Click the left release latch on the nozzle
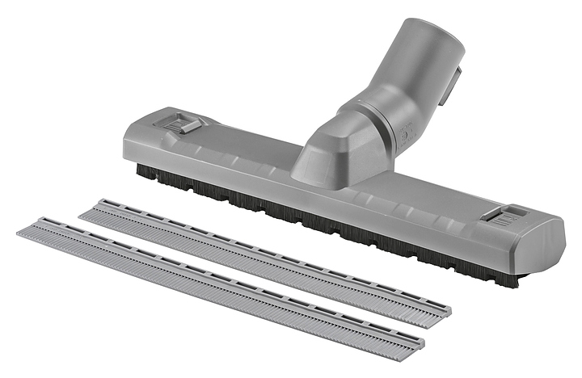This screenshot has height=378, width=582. coord(185,123)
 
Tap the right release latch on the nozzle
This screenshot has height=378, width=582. coord(504,216)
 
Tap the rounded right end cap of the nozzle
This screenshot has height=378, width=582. coord(550,242)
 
